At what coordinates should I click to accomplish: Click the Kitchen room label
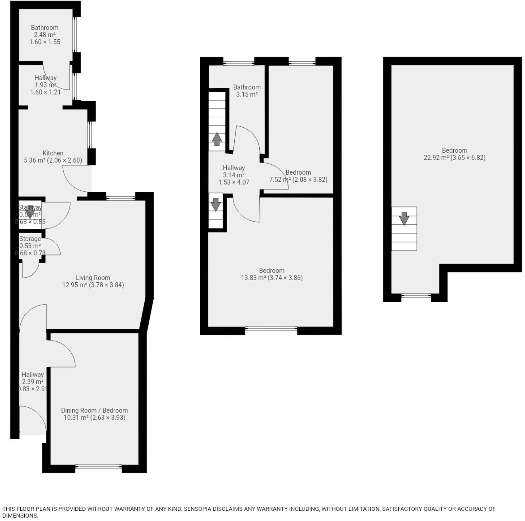(53, 153)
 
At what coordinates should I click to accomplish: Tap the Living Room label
(93, 278)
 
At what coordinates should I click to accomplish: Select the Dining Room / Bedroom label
(94, 410)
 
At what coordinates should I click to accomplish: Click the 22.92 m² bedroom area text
(455, 158)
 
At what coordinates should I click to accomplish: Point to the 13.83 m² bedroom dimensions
(272, 278)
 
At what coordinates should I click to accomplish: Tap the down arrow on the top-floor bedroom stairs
(404, 218)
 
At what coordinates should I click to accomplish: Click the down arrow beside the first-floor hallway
(216, 205)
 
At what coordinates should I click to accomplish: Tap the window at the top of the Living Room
(120, 197)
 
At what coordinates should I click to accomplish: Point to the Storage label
(30, 239)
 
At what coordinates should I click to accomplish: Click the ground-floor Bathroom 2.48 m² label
(45, 28)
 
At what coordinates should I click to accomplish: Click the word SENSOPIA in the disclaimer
(197, 509)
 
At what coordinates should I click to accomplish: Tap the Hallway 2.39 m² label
(33, 374)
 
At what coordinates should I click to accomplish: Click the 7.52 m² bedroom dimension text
(298, 180)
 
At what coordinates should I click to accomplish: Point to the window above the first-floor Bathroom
(239, 63)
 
